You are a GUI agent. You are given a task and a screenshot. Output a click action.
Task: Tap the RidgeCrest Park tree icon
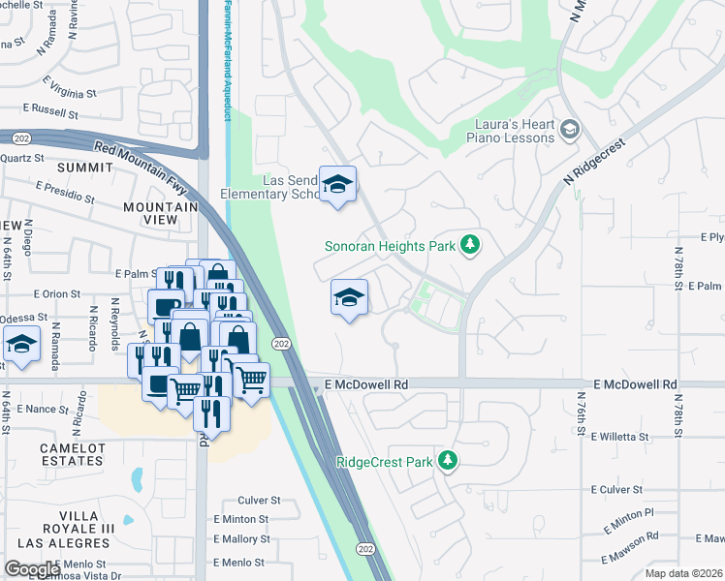[447, 460]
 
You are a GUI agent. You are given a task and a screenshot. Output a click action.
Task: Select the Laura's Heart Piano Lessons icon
[570, 130]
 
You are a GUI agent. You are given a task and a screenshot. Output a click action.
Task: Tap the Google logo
[32, 568]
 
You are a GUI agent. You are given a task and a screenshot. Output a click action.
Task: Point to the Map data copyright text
[684, 573]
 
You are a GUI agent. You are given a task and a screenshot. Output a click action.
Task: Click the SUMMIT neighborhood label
[85, 168]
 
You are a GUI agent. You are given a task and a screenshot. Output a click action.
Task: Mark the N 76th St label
[582, 411]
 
